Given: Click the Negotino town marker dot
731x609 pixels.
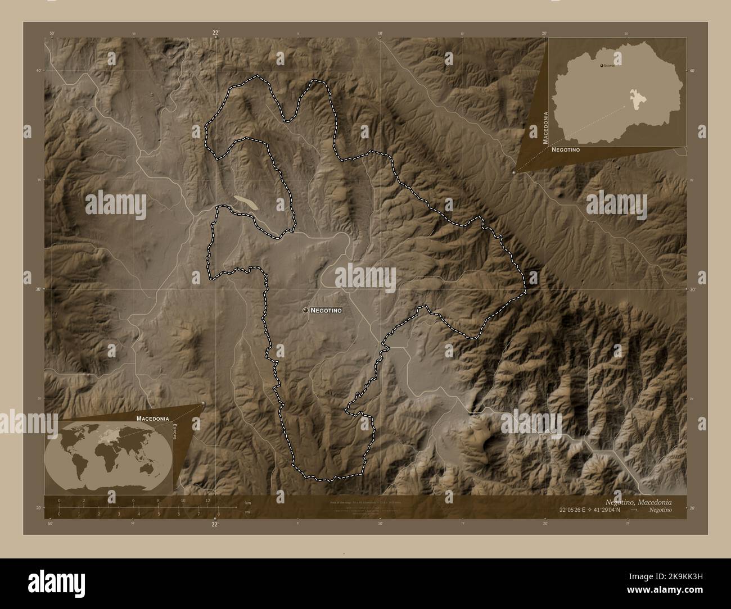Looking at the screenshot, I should click(x=305, y=310).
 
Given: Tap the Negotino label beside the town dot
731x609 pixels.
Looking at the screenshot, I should click(x=326, y=310).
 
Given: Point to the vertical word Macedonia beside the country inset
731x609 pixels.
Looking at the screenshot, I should click(x=545, y=128).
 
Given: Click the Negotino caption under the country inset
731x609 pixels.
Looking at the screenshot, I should click(x=566, y=151).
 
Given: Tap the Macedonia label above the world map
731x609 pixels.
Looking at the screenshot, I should click(x=152, y=419).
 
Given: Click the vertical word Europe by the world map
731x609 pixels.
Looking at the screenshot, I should click(x=175, y=434).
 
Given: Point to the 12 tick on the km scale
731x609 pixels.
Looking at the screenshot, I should click(x=207, y=501).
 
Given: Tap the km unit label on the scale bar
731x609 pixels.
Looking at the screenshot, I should click(x=248, y=503).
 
